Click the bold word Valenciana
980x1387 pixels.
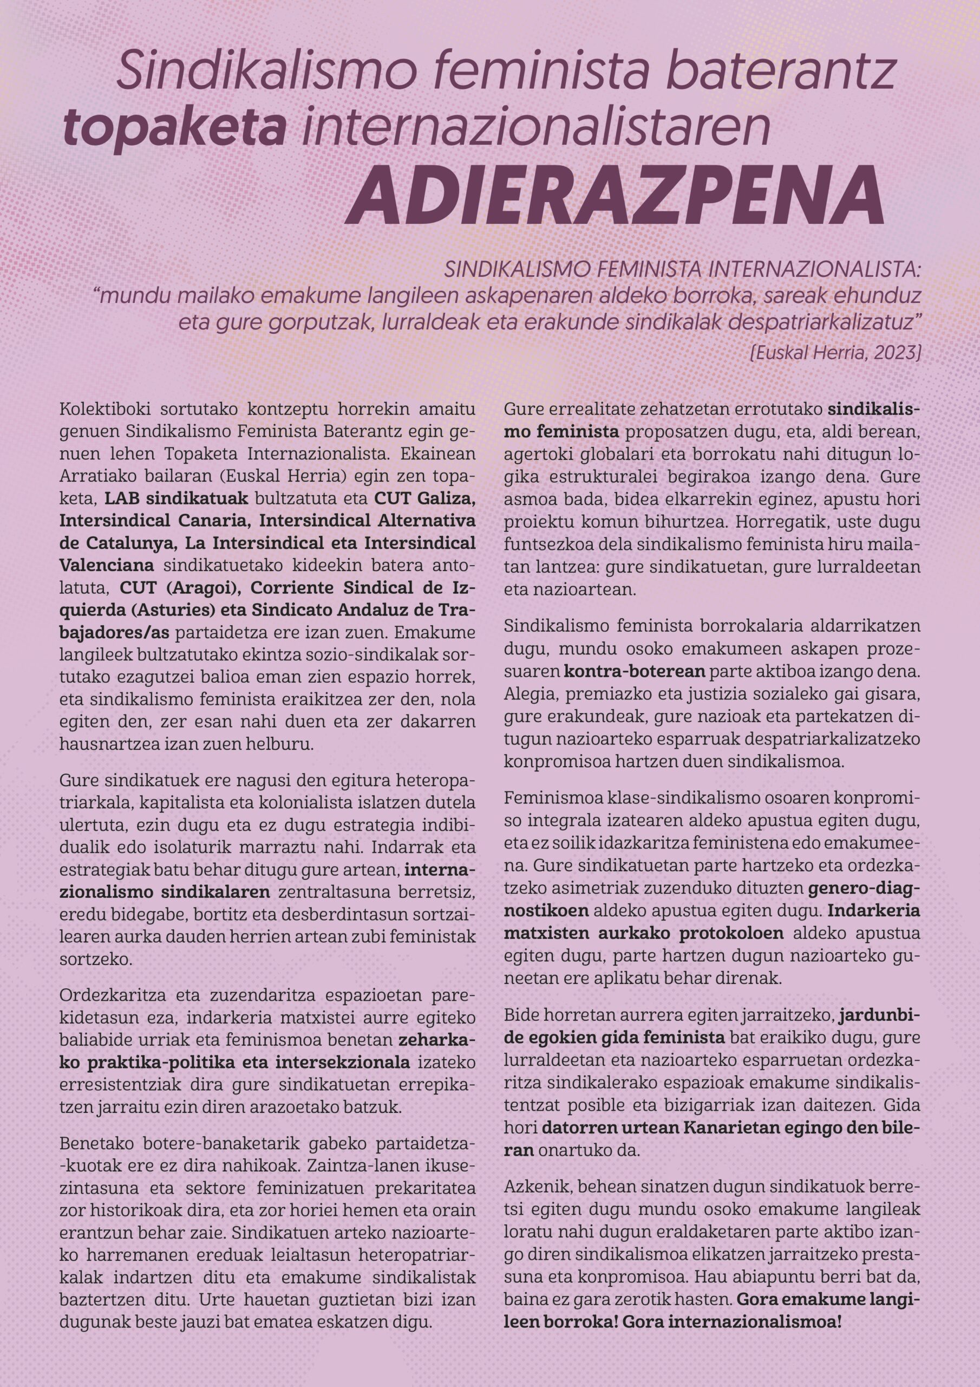coord(106,566)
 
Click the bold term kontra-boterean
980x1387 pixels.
coord(635,671)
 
